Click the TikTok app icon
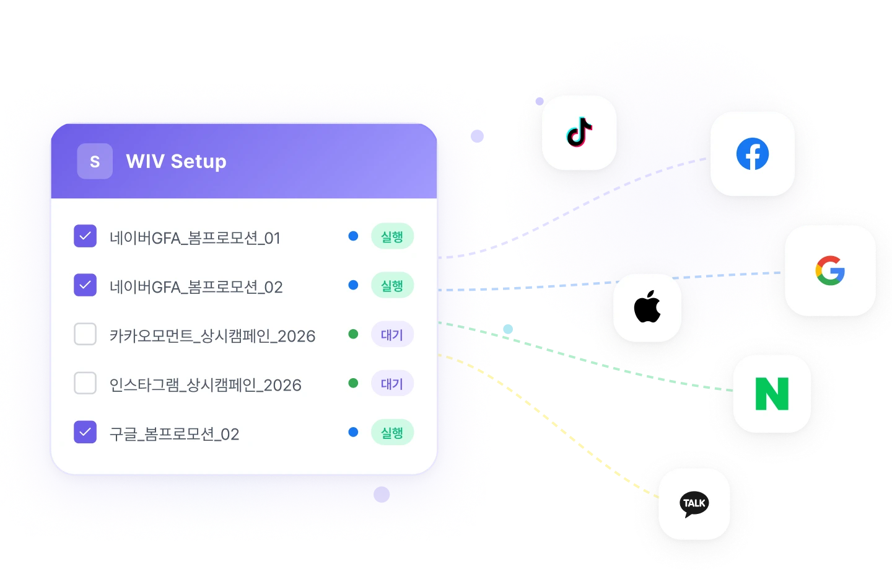pos(579,132)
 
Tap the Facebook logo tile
pos(752,154)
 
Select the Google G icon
pos(830,270)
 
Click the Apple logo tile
pos(647,307)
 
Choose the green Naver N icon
pos(772,394)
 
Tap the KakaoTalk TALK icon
pos(694,503)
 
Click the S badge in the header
pos(95,161)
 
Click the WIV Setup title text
pos(176,161)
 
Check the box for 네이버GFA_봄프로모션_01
pos(85,236)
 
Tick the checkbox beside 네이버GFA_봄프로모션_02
pos(85,285)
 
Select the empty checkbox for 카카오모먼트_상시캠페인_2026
pos(85,334)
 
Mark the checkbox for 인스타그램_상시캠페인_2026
pos(85,383)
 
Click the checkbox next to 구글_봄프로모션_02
pos(85,432)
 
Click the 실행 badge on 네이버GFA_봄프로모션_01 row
pos(391,236)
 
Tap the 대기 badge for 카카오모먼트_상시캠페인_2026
pos(391,335)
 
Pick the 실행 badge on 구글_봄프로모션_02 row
pos(391,432)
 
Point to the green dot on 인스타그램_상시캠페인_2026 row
pos(353,383)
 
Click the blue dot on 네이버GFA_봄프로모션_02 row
pos(353,285)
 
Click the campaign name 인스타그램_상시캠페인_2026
pos(205,385)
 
